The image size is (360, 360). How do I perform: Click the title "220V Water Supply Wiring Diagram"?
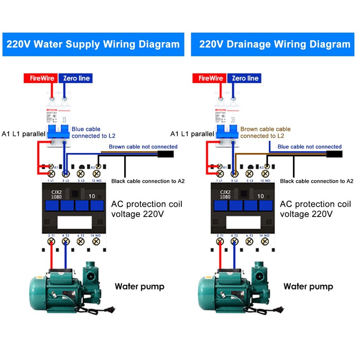click(93, 44)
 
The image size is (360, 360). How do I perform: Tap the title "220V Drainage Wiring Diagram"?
click(274, 44)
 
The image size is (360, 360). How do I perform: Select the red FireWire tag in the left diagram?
click(42, 78)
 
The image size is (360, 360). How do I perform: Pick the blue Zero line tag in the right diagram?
click(246, 78)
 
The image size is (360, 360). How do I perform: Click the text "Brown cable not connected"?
click(143, 147)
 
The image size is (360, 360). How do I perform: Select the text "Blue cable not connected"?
click(309, 147)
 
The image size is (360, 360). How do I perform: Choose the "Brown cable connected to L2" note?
click(265, 132)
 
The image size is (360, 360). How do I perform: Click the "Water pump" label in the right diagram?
click(308, 287)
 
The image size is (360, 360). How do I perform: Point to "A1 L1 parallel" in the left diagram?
click(23, 134)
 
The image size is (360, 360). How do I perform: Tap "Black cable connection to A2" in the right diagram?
click(316, 181)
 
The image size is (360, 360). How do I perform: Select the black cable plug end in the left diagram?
click(165, 155)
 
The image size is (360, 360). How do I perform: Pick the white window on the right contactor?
click(243, 222)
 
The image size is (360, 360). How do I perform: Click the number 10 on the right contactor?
click(261, 196)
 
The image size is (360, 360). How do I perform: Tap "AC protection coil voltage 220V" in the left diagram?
click(147, 209)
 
